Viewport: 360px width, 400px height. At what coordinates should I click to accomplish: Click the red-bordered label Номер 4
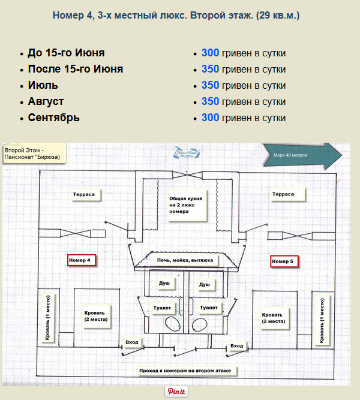[82, 260]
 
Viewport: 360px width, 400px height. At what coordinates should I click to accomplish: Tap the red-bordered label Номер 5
[284, 261]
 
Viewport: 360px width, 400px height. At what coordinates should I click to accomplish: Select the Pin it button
[176, 392]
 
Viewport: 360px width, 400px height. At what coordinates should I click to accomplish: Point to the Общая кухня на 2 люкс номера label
[187, 205]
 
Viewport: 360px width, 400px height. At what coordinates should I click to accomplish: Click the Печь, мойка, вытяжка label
[185, 260]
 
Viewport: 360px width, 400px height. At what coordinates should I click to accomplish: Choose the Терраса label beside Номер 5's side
[287, 194]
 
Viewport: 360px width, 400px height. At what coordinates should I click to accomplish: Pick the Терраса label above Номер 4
[86, 195]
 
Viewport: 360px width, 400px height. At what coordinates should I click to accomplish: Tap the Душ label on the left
[166, 284]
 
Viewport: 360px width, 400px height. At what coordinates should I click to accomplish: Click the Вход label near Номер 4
[132, 342]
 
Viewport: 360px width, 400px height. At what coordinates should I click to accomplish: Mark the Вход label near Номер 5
[237, 346]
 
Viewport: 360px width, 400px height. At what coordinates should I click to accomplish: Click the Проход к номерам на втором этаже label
[186, 371]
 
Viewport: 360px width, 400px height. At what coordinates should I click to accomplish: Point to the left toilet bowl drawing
[173, 324]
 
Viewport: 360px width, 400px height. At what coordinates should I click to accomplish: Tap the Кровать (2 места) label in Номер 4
[97, 316]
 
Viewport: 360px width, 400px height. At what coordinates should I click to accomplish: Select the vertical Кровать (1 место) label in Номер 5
[322, 320]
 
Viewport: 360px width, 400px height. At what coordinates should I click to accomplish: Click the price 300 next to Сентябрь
[210, 118]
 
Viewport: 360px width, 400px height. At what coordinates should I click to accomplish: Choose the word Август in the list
[46, 101]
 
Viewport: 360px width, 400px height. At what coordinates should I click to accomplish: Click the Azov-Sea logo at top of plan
[186, 152]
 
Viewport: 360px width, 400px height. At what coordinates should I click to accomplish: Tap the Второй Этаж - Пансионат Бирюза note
[34, 154]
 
